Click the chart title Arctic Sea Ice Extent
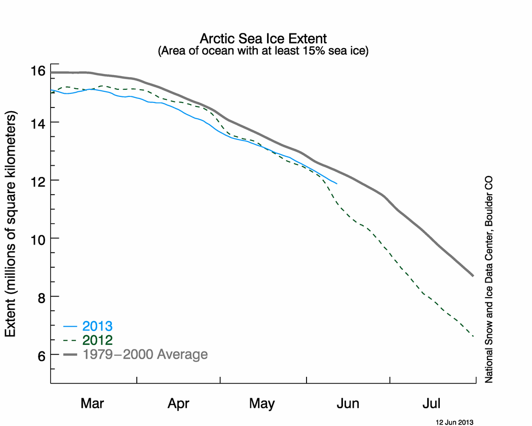263,39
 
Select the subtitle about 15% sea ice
263,51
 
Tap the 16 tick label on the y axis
37,71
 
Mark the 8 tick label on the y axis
42,298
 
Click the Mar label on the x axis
92,404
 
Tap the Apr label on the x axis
178,404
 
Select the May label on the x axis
261,404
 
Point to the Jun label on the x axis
348,404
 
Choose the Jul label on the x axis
431,404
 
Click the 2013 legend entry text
97,326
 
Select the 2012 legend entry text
97,340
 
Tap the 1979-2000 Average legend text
145,354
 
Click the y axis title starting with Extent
11,224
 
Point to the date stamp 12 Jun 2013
454,422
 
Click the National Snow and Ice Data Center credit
488,279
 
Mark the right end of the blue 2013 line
337,184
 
